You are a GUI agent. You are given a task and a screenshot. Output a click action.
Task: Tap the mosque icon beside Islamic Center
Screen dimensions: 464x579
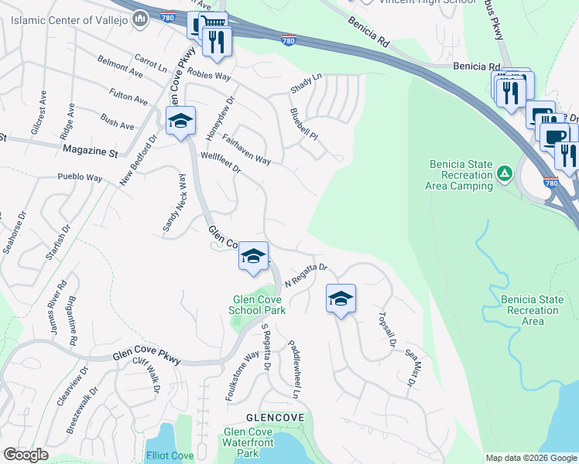140,19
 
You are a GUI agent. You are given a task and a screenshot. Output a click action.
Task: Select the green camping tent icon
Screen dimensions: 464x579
504,174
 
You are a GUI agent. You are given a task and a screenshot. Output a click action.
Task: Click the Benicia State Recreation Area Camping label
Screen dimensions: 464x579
459,175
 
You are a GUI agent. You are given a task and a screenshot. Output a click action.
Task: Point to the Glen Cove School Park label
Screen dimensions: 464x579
257,305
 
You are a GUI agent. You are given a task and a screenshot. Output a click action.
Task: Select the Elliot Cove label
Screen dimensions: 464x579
170,455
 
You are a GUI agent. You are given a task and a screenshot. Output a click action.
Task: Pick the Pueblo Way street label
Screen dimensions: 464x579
80,178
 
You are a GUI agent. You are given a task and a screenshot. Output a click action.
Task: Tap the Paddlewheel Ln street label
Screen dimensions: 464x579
294,369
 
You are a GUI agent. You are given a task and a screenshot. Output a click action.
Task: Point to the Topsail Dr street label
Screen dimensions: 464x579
387,329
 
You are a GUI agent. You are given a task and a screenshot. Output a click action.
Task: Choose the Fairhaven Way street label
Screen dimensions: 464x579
246,150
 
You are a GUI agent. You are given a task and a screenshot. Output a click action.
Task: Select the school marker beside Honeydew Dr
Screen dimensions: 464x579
180,123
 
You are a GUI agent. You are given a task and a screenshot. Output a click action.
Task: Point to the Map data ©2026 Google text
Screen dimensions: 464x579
530,458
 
